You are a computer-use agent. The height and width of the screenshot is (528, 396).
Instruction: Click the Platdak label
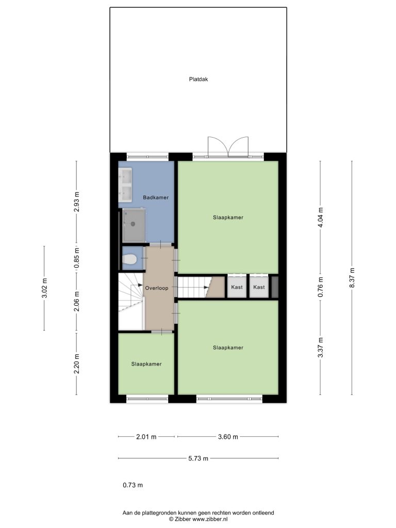(199, 79)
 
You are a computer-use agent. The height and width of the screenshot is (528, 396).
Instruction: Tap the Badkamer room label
(156, 197)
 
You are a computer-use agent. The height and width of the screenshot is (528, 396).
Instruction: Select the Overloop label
(157, 288)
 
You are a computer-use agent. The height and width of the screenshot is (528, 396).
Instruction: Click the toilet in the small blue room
(129, 259)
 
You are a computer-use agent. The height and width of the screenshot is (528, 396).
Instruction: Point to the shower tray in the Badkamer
(134, 225)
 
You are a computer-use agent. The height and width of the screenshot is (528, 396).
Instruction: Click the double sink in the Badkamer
(125, 185)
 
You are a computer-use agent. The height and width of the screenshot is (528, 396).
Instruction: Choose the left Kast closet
(237, 287)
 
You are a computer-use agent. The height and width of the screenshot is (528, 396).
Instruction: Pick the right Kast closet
(259, 287)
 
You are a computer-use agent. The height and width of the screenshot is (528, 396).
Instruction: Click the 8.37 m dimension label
(352, 278)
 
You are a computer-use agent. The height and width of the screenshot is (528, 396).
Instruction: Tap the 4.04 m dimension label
(321, 218)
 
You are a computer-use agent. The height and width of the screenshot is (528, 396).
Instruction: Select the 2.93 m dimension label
(77, 202)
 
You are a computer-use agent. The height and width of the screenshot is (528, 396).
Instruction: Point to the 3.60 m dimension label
(228, 437)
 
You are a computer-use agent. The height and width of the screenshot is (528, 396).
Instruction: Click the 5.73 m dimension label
(198, 458)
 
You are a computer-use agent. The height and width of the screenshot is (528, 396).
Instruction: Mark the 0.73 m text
(133, 485)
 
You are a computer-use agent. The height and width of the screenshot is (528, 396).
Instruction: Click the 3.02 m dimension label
(44, 288)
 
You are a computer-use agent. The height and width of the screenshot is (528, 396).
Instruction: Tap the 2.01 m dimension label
(146, 437)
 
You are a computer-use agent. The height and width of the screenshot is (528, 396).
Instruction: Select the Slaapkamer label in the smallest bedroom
(146, 364)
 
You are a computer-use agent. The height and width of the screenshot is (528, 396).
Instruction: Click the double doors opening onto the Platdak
(228, 147)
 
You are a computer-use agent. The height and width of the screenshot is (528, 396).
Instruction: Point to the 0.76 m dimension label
(321, 287)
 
